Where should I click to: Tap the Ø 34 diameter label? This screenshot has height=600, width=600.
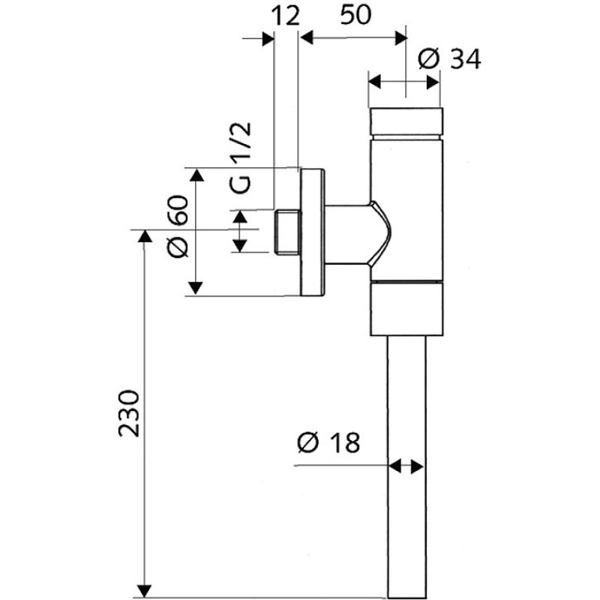[x=449, y=58]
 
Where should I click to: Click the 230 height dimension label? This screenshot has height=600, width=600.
[x=129, y=412]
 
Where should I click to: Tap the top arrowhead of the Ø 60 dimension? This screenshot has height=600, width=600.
[x=196, y=176]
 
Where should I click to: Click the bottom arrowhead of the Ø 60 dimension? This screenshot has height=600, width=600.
[x=196, y=288]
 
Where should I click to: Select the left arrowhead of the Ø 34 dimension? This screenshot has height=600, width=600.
[x=375, y=79]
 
